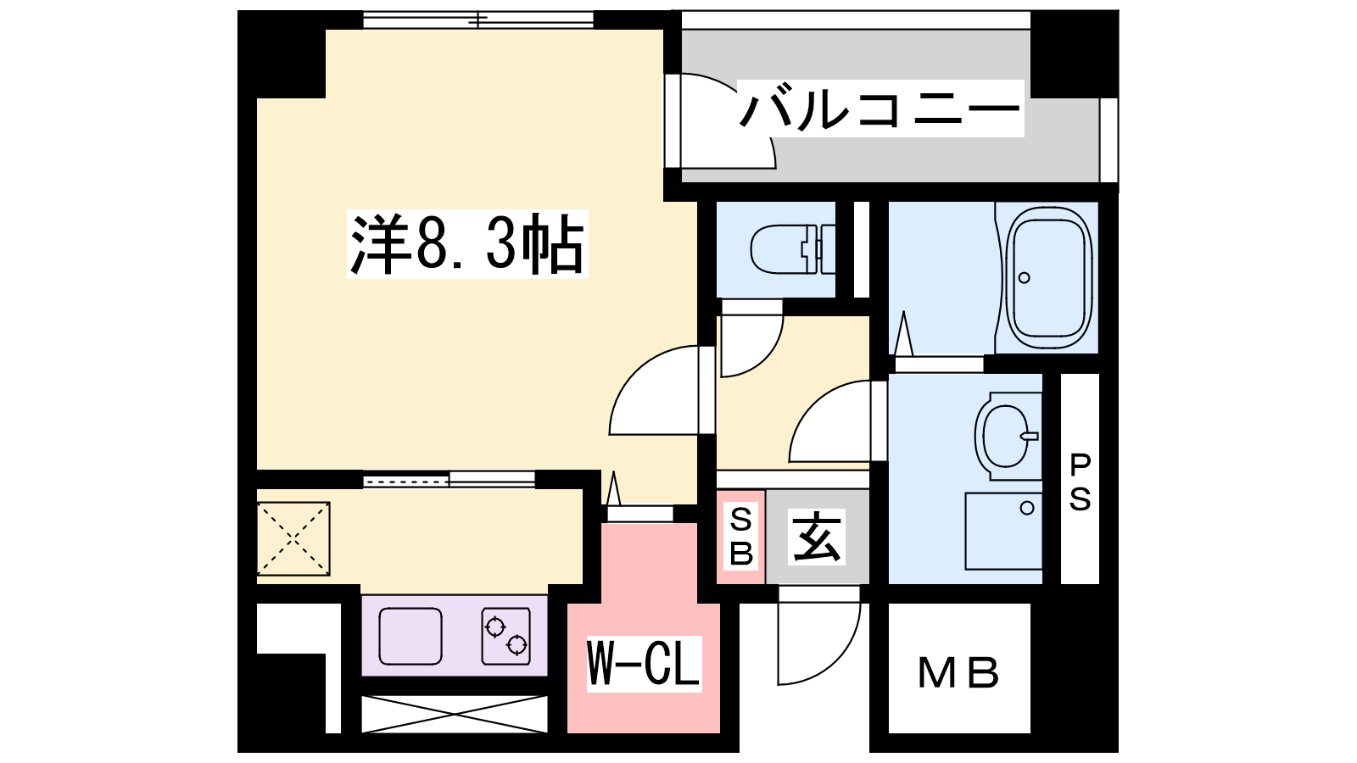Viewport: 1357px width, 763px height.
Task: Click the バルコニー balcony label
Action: click(x=880, y=109)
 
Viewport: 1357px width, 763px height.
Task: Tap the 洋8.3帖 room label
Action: click(x=467, y=244)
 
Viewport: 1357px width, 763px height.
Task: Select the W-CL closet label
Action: click(x=644, y=664)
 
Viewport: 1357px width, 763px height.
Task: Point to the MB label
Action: click(x=958, y=673)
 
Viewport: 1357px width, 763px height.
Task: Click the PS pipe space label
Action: click(x=1081, y=482)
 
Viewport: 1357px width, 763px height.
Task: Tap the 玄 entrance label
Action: click(x=817, y=537)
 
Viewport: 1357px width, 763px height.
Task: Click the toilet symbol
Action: click(x=793, y=249)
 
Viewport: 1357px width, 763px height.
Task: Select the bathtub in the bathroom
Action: click(x=1048, y=277)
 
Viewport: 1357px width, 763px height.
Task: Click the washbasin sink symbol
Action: click(x=1008, y=436)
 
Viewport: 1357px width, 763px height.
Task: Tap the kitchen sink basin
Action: click(x=410, y=636)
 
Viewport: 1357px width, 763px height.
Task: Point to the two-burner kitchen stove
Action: click(x=505, y=636)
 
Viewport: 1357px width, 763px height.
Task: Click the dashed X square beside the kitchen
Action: click(x=293, y=538)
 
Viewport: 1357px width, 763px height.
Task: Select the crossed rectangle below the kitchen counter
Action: click(x=455, y=715)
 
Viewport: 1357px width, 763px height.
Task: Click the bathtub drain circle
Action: click(x=1025, y=278)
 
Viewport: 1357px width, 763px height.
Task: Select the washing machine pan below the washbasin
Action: click(x=1003, y=531)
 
